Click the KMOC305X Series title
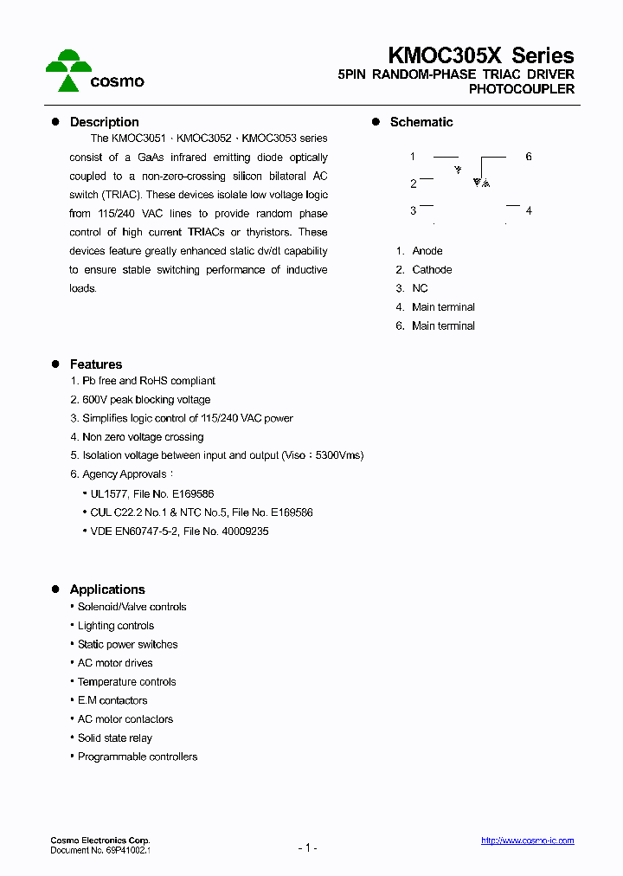tap(480, 55)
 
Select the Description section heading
tap(104, 122)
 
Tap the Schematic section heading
tap(421, 122)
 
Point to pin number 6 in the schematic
tap(528, 157)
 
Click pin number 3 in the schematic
tap(414, 210)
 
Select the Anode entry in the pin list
tap(427, 251)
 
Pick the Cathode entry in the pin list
tap(431, 270)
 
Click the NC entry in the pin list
tap(420, 288)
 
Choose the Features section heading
tap(95, 364)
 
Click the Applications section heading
tap(106, 589)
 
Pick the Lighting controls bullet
tap(115, 626)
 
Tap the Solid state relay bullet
tap(114, 738)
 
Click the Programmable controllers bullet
tap(137, 757)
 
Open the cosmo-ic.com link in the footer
tap(527, 841)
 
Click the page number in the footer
tap(307, 847)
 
